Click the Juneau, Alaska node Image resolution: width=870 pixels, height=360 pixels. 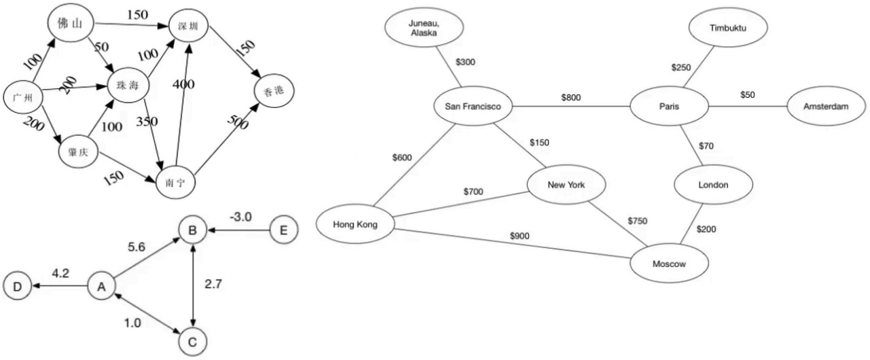coord(424,29)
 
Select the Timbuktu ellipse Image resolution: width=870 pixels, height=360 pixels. coord(727,29)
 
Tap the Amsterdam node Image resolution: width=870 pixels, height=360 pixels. coord(826,107)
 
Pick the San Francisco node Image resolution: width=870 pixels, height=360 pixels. coord(473,107)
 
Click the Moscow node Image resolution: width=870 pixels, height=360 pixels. coord(668,263)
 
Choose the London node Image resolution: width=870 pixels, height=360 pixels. coord(712,185)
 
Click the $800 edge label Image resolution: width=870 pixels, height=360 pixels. coord(571,98)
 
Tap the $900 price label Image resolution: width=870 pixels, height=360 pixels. coord(520,236)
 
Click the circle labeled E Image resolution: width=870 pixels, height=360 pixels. coord(283,231)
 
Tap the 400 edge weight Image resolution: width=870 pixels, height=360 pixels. coord(183,84)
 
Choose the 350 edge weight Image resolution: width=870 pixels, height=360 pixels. coord(147,122)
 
